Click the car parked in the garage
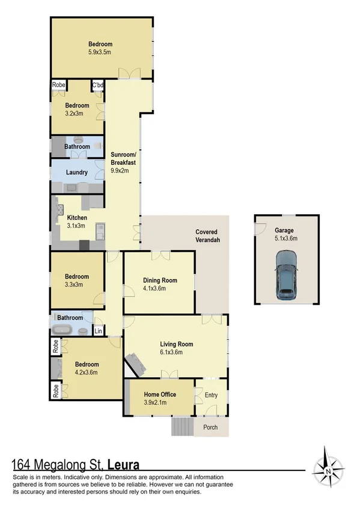[x=286, y=275]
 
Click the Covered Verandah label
[x=206, y=236]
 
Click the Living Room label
[x=176, y=344]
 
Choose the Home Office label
[x=159, y=395]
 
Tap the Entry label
[x=212, y=395]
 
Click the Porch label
[x=211, y=428]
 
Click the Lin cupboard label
[x=99, y=331]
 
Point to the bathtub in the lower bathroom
[x=63, y=330]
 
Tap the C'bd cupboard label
[x=97, y=86]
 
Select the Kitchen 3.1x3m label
[x=77, y=221]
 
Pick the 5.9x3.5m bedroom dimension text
[x=100, y=52]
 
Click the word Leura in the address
[x=125, y=464]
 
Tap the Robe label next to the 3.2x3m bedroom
[x=58, y=85]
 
